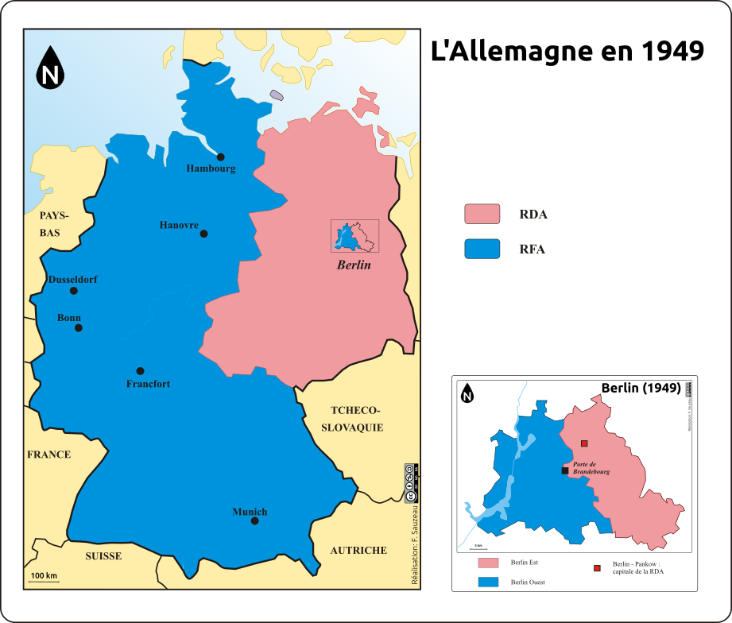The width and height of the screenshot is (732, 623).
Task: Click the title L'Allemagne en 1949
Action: [567, 51]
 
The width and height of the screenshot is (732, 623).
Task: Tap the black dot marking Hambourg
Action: [221, 157]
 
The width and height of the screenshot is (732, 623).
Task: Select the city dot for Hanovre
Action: [204, 234]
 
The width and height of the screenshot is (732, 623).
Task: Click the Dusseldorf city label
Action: [73, 280]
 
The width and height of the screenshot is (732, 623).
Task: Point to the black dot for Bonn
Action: [79, 327]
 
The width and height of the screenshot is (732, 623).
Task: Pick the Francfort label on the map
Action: [148, 384]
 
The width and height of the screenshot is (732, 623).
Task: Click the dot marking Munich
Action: [254, 521]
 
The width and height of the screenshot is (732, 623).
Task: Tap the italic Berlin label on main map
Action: [354, 265]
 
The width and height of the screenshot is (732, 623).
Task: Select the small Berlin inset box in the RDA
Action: [354, 236]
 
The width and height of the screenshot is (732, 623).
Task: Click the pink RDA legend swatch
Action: [482, 214]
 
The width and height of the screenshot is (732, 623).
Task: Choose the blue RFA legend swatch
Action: [482, 249]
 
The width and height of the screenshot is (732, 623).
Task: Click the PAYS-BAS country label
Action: [55, 224]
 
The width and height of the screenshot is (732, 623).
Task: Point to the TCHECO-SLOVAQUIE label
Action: [351, 419]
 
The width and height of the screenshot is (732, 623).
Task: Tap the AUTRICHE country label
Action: [358, 550]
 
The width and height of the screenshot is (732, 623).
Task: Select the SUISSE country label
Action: [103, 555]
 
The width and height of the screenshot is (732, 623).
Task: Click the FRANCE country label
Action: [49, 455]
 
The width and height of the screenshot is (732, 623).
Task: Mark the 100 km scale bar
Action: [44, 582]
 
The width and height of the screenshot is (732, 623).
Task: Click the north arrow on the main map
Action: [52, 68]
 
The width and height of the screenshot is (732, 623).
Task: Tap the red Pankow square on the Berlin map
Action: [584, 443]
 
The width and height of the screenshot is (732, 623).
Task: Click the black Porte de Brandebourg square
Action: [565, 470]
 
